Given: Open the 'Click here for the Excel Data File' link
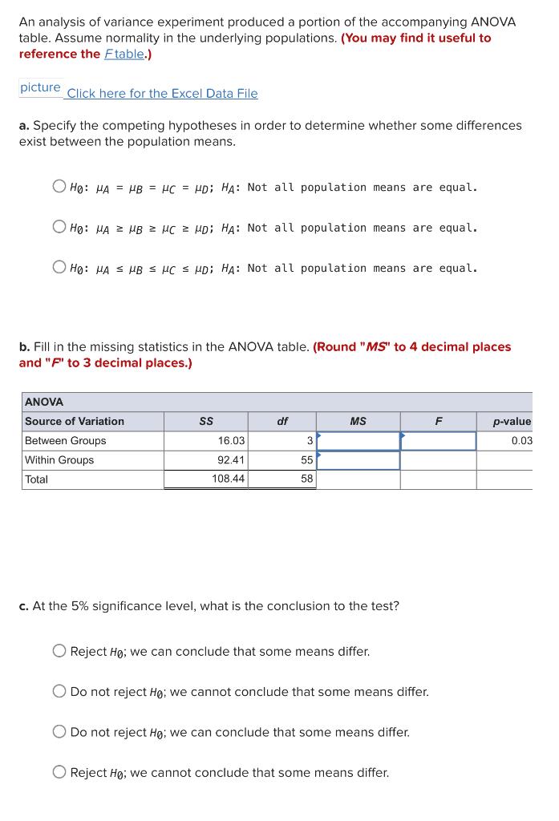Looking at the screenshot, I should tap(162, 93).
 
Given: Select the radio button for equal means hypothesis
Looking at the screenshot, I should tap(59, 187).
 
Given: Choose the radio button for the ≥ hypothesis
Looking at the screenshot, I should tap(59, 227).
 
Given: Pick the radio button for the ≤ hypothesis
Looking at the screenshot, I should tap(59, 268).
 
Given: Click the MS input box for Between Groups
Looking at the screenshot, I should tap(358, 441).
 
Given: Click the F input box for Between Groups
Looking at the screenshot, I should tap(438, 441).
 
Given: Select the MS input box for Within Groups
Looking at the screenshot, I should tap(358, 460).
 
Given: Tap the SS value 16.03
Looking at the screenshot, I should tap(232, 441).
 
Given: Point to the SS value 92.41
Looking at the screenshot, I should tap(232, 460).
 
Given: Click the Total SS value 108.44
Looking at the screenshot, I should tap(229, 479).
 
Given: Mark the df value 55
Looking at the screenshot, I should tap(306, 460).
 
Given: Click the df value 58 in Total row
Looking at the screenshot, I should tap(306, 479).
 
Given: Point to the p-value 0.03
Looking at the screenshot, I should tap(521, 441).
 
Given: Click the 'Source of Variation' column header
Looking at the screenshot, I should tap(75, 421).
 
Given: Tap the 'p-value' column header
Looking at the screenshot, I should tap(512, 421).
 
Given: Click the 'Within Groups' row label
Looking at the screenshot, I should tap(59, 460).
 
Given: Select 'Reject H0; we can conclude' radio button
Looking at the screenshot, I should tap(59, 651).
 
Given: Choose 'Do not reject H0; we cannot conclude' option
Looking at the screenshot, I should tap(59, 691).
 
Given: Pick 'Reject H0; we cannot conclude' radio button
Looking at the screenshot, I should tap(59, 772).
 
